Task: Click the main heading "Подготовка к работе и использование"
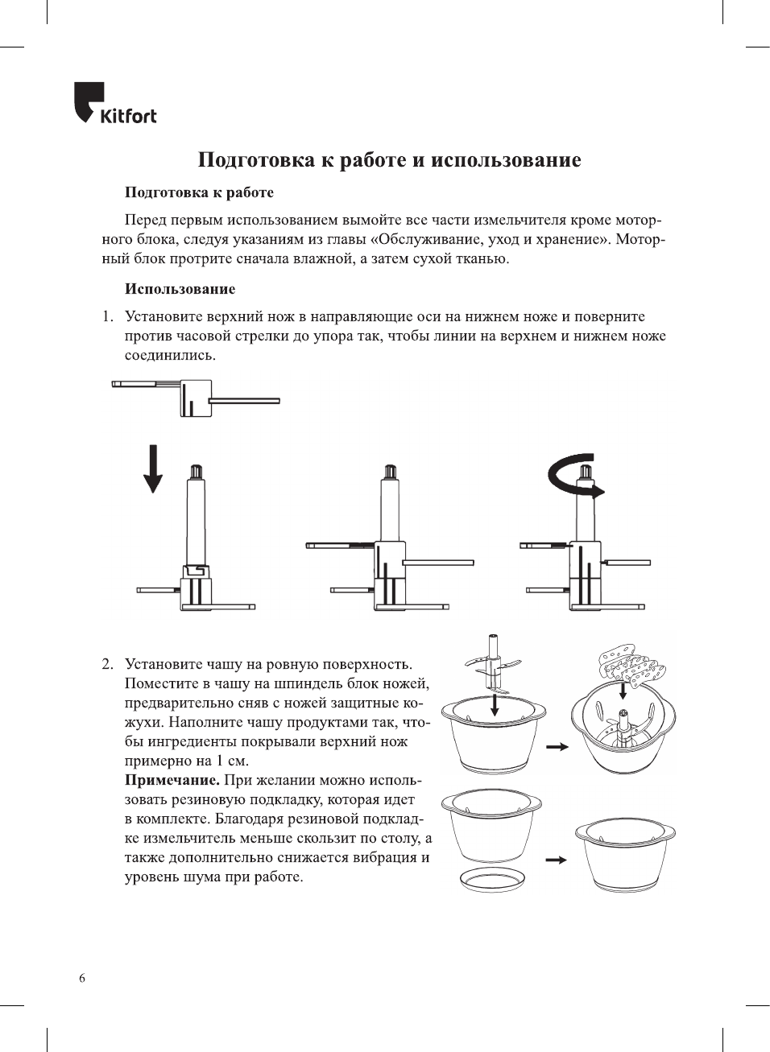pyautogui.click(x=389, y=160)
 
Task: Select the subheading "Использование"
pyautogui.click(x=180, y=289)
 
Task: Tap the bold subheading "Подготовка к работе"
pyautogui.click(x=199, y=192)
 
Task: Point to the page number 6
pyautogui.click(x=82, y=978)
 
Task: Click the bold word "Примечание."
pyautogui.click(x=172, y=780)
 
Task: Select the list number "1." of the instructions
pyautogui.click(x=107, y=316)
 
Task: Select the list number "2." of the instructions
pyautogui.click(x=107, y=664)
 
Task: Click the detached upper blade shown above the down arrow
pyautogui.click(x=196, y=398)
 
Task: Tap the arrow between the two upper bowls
pyautogui.click(x=557, y=747)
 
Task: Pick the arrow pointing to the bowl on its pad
pyautogui.click(x=556, y=860)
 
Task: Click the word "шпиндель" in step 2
pyautogui.click(x=311, y=684)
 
